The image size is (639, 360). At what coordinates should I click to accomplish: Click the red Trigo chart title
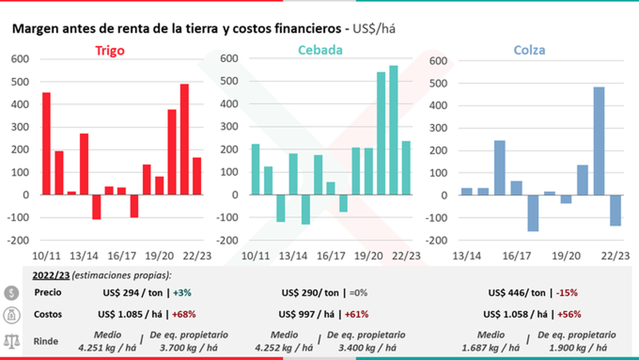tap(110, 51)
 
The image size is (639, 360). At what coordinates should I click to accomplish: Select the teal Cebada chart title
tap(320, 50)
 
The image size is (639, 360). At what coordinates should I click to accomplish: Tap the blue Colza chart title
tap(529, 51)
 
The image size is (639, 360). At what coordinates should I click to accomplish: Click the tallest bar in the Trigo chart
tap(185, 140)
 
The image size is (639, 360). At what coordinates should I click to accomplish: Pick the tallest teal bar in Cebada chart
tap(394, 130)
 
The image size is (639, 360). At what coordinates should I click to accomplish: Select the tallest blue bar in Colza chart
tap(599, 141)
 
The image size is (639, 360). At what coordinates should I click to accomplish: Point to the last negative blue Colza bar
tap(616, 210)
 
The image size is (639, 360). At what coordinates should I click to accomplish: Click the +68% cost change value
tap(184, 314)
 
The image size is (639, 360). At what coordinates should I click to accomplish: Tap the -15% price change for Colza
tap(566, 293)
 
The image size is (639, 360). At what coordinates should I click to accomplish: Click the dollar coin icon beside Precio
tap(11, 293)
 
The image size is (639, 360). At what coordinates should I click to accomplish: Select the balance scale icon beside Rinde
tap(11, 341)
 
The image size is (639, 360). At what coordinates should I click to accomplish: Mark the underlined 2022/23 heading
tap(50, 275)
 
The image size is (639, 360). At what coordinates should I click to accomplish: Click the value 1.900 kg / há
tap(577, 348)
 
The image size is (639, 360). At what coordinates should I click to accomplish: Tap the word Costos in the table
tap(47, 314)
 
